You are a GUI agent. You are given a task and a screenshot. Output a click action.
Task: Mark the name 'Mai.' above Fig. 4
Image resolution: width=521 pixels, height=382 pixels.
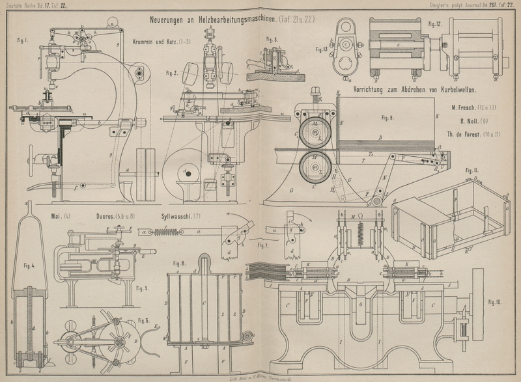pos(57,215)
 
